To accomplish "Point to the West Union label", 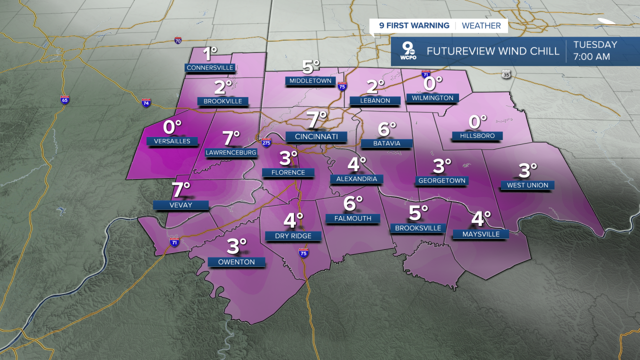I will (527, 185).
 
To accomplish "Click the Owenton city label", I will (236, 262).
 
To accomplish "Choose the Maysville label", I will (480, 234).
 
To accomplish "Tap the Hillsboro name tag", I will (476, 135).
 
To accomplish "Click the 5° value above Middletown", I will (310, 66).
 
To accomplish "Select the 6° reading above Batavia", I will (387, 129).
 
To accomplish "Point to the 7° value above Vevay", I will (181, 190).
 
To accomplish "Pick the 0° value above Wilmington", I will (433, 82).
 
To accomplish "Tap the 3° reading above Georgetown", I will (442, 164).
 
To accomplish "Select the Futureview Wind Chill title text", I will (493, 51).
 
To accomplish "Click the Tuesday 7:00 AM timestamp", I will (595, 50).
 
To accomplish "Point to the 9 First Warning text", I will (414, 25).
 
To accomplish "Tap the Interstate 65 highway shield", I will (64, 99).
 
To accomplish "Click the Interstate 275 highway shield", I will (266, 142).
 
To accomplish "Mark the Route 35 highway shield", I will (506, 74).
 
